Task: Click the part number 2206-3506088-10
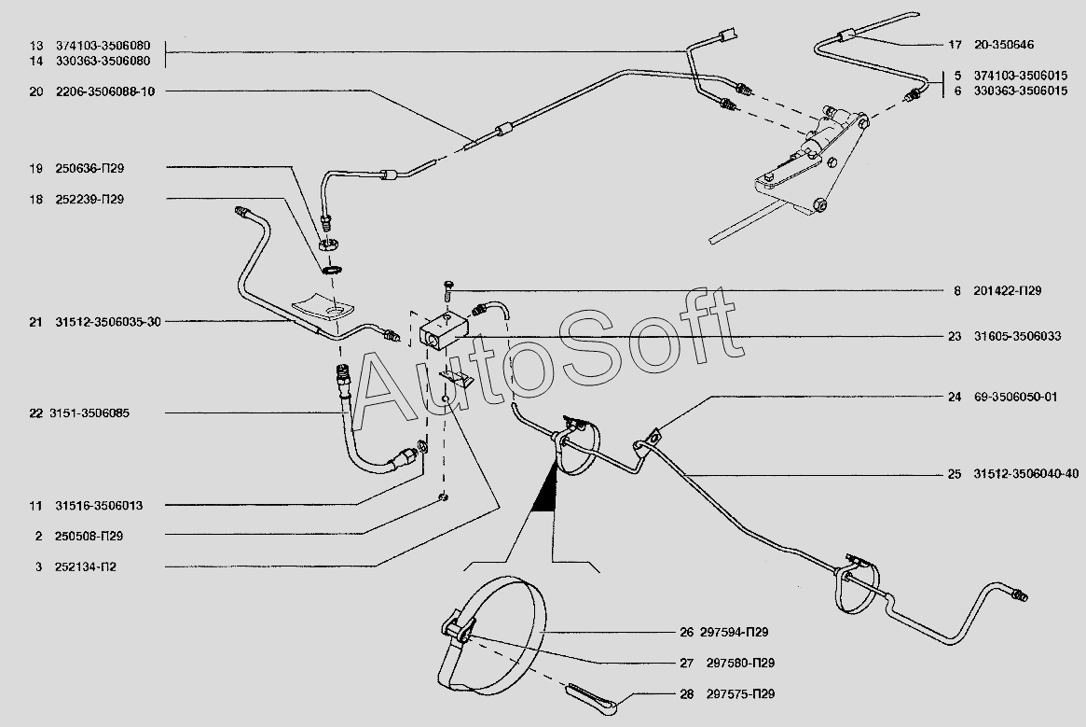(x=105, y=91)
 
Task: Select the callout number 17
(x=955, y=45)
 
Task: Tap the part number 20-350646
(x=1004, y=45)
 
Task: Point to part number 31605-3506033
(x=1017, y=337)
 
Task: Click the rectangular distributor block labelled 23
(x=444, y=329)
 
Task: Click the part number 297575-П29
(x=740, y=693)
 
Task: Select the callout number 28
(x=686, y=693)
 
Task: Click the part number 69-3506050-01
(x=1015, y=398)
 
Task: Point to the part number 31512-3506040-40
(x=1025, y=474)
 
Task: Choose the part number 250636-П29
(x=89, y=169)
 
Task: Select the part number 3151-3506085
(x=89, y=413)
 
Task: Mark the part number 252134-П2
(x=86, y=566)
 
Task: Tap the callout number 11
(x=35, y=506)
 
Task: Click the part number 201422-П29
(x=1007, y=290)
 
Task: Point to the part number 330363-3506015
(x=1021, y=91)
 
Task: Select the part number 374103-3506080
(x=103, y=46)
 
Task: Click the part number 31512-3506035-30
(x=108, y=322)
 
